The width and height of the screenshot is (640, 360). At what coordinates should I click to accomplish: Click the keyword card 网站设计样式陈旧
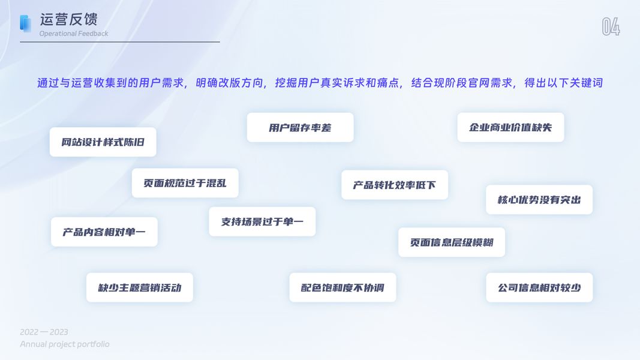point(103,142)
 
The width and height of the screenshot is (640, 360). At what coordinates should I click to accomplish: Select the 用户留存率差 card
point(300,127)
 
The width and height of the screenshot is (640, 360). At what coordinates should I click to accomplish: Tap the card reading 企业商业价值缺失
point(510,127)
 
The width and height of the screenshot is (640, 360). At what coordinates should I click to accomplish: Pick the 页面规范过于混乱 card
point(185,183)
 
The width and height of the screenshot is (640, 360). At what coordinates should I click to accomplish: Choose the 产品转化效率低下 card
point(394,185)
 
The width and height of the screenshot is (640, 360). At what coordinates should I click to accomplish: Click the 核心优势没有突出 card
point(539,200)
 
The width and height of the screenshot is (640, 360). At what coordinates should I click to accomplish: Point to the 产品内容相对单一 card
point(104,232)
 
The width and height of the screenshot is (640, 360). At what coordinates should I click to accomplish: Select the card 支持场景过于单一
point(262,221)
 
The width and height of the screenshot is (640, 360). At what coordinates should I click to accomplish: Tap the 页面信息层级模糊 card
point(451,242)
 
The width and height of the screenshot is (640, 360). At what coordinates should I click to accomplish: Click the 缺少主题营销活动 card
point(139,287)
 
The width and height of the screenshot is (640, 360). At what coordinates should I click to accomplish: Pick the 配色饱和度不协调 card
point(342,287)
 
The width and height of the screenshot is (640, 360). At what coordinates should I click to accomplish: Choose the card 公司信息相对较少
point(539,287)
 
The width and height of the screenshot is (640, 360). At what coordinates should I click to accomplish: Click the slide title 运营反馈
point(68,19)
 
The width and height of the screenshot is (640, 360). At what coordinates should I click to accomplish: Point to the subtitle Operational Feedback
point(74,34)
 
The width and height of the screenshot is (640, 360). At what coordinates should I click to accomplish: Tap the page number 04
point(611,26)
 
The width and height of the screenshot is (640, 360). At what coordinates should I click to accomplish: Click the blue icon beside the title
point(25,23)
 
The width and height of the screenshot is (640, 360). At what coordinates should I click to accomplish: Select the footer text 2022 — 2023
point(44,332)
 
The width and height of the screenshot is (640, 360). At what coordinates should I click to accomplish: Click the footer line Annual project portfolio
point(65,344)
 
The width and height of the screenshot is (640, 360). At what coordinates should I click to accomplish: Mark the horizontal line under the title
point(120,42)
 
